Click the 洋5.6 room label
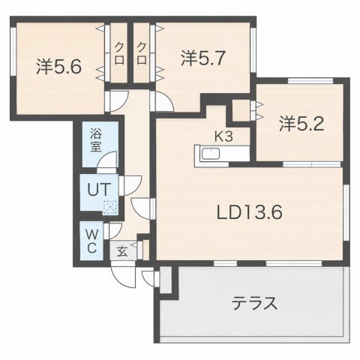click(x=59, y=67)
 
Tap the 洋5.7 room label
click(x=203, y=58)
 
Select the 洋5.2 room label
click(x=301, y=124)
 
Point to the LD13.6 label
click(x=249, y=212)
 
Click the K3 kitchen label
click(x=223, y=136)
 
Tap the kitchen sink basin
click(x=211, y=154)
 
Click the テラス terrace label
click(x=254, y=303)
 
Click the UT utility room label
click(x=99, y=189)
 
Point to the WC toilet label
click(x=91, y=241)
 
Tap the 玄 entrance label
click(x=122, y=251)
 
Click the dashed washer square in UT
click(x=110, y=207)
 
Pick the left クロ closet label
click(x=119, y=53)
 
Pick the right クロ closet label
click(x=142, y=53)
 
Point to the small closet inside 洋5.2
click(x=241, y=109)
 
